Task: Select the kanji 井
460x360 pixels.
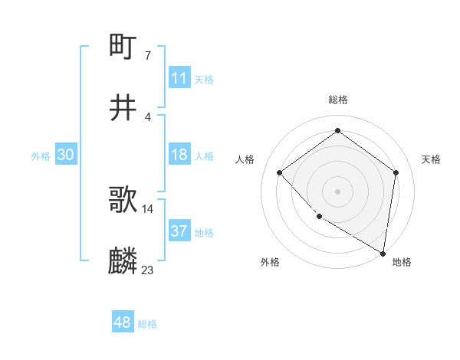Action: click(x=123, y=108)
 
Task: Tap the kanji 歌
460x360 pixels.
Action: click(x=123, y=201)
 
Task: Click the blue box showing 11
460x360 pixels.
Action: click(x=179, y=78)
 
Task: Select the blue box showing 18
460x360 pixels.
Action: click(x=179, y=155)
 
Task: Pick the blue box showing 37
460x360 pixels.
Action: click(x=179, y=231)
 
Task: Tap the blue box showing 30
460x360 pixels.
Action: click(x=66, y=155)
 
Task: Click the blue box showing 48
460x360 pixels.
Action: click(x=123, y=322)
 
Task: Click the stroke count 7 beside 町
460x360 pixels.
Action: click(x=147, y=56)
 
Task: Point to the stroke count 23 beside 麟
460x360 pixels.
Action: click(x=147, y=270)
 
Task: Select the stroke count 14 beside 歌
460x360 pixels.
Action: click(x=147, y=208)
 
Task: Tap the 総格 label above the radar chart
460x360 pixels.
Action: click(x=337, y=100)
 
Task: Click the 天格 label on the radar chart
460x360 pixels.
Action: click(x=431, y=159)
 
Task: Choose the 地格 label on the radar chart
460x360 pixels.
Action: click(x=401, y=262)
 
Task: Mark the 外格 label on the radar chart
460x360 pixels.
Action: click(x=270, y=262)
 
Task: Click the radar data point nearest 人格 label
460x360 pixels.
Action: click(x=280, y=172)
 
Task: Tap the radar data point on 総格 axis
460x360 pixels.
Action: click(x=337, y=131)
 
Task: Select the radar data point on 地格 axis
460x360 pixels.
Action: click(x=383, y=253)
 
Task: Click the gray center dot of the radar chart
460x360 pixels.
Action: click(x=337, y=191)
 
